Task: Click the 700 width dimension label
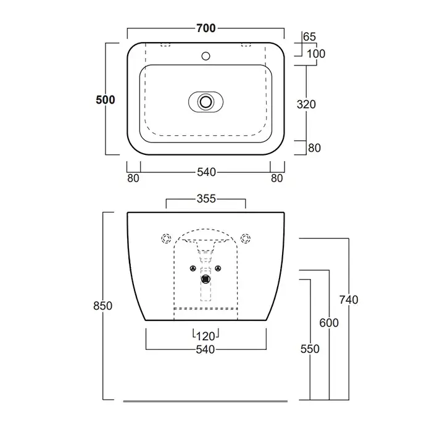pyautogui.click(x=206, y=28)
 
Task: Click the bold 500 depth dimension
pyautogui.click(x=106, y=100)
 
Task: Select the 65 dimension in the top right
pyautogui.click(x=309, y=36)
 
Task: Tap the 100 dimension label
pyautogui.click(x=316, y=54)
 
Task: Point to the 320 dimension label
pyautogui.click(x=306, y=104)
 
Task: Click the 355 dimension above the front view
pyautogui.click(x=206, y=199)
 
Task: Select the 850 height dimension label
pyautogui.click(x=103, y=306)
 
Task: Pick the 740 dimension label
pyautogui.click(x=349, y=300)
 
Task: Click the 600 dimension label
pyautogui.click(x=329, y=323)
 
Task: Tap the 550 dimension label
pyautogui.click(x=310, y=349)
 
